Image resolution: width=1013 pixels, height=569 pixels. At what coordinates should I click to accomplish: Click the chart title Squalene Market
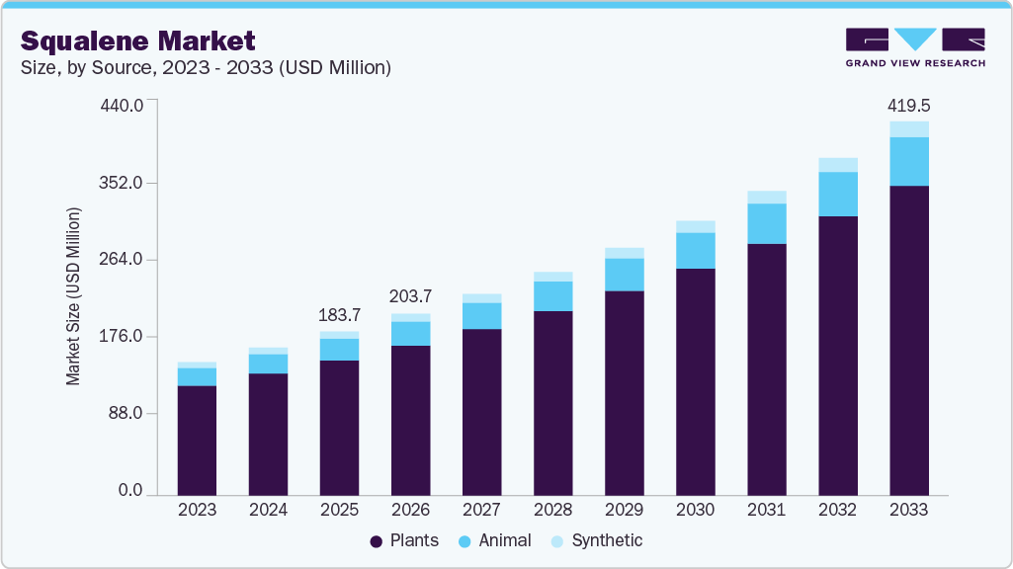138,41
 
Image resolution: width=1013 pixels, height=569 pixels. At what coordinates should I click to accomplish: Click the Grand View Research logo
915,47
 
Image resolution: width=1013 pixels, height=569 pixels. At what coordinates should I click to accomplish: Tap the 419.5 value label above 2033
909,105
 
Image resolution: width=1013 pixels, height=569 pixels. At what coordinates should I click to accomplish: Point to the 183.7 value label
340,315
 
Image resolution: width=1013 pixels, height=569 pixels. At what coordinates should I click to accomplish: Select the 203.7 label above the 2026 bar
411,296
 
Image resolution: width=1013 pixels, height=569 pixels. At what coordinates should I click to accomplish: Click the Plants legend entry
404,540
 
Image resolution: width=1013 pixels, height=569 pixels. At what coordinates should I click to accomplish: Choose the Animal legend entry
494,540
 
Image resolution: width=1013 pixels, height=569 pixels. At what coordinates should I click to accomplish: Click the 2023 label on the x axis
198,510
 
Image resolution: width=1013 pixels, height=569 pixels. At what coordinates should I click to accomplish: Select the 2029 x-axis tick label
625,510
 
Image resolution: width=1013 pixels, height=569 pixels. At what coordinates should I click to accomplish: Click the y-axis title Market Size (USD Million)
74,296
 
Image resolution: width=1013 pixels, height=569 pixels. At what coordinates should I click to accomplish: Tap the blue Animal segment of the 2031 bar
767,223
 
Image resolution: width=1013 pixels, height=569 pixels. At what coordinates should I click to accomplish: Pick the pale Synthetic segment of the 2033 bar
909,129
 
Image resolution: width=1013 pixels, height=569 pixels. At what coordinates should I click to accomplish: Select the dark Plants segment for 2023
198,440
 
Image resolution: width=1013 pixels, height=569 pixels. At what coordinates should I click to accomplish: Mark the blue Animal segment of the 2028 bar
553,296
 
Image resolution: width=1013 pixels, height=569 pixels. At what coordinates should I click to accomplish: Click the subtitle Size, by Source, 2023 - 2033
206,68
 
